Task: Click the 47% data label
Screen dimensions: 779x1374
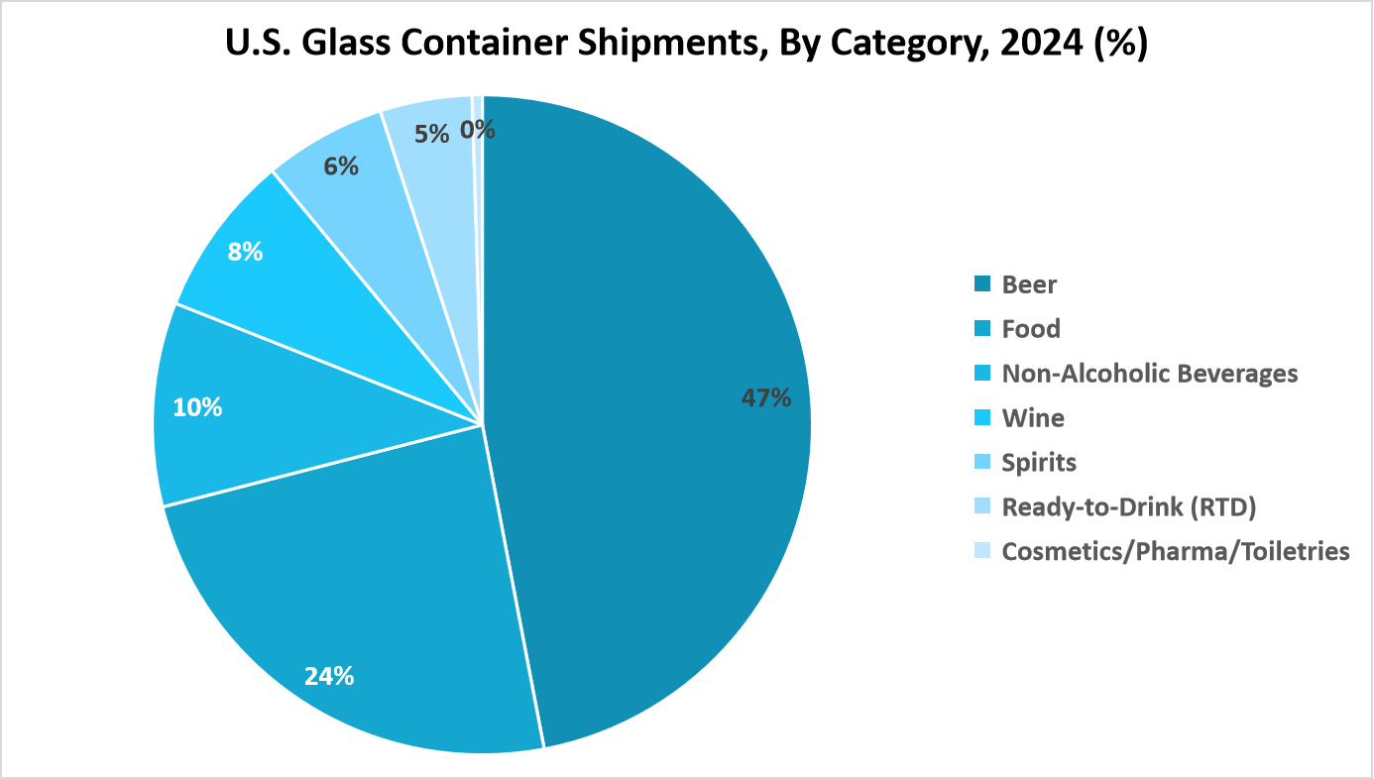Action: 766,398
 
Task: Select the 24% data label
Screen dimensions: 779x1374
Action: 329,676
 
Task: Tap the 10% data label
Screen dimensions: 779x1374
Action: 197,407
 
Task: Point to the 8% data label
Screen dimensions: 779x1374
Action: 245,252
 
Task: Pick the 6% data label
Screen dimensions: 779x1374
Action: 341,167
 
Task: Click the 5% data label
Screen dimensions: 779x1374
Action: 432,133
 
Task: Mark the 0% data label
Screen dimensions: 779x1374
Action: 478,130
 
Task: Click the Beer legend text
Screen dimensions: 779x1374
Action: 1029,285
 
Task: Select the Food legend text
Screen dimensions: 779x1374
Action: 1031,329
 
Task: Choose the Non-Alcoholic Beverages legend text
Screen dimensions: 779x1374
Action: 1149,374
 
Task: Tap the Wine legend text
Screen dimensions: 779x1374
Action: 1033,418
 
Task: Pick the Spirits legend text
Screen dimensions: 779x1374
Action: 1039,463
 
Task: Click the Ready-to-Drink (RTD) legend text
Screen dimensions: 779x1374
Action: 1129,507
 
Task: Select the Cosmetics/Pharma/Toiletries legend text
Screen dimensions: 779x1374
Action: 1176,551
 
